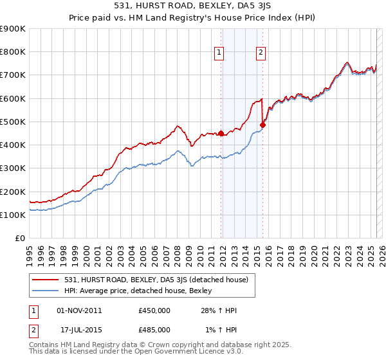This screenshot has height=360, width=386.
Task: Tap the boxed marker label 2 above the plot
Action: point(261,53)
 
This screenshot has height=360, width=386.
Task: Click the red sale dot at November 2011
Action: point(221,134)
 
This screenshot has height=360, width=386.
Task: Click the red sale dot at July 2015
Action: point(262,125)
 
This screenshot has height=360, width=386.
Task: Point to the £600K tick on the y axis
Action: point(13,98)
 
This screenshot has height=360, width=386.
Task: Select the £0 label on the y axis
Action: point(21,238)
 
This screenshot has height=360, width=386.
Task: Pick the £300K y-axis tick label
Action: point(13,168)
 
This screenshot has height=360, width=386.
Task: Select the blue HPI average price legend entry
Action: point(142,291)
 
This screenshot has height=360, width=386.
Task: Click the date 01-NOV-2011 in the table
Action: point(80,310)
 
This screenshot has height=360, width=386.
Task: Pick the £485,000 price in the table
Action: point(154,330)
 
